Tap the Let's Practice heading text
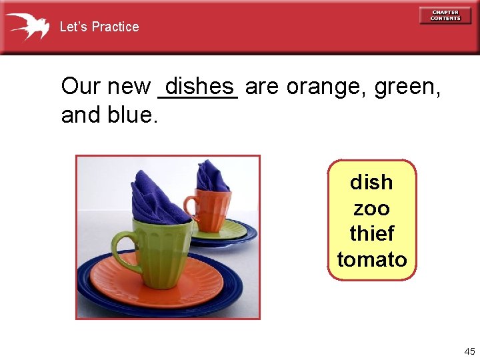tap(99, 27)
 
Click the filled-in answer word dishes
tap(199, 87)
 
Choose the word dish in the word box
tap(371, 182)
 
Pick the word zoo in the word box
tap(371, 209)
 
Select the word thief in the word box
tap(371, 234)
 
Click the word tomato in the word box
tap(371, 259)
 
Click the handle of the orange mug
tap(191, 205)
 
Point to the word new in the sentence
tap(128, 87)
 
